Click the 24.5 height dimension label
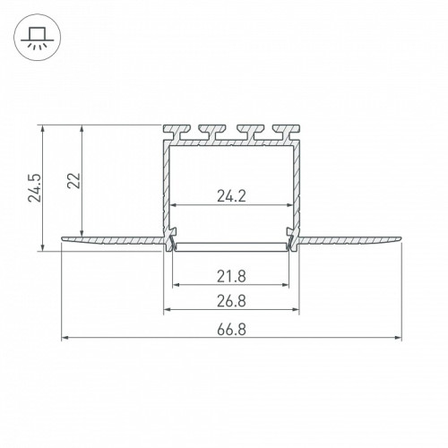tap(35, 187)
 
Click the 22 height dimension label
tap(73, 180)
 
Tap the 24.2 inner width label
tap(231, 196)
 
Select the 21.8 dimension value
tap(231, 276)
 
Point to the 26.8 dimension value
tap(231, 301)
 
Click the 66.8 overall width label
tap(231, 330)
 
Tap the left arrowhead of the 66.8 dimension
tap(65, 338)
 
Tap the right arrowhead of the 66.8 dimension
tap(398, 338)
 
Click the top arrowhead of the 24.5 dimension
tap(43, 129)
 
